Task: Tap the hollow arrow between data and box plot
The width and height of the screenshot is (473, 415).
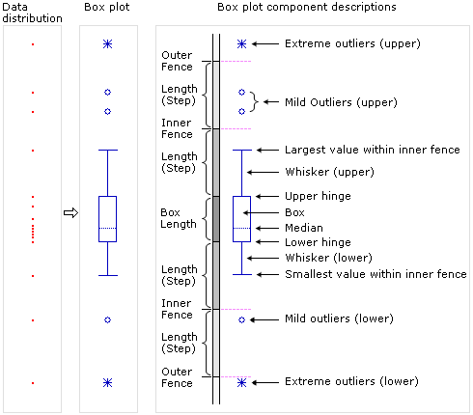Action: pos(70,213)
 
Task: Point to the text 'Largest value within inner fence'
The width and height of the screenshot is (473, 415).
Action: pos(372,150)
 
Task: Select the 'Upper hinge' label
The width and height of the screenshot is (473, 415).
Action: pos(317,196)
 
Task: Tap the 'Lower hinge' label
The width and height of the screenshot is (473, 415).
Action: pos(317,242)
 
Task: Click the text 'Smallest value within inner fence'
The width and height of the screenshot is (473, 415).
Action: pos(376,274)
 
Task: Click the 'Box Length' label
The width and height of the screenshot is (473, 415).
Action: pos(179,218)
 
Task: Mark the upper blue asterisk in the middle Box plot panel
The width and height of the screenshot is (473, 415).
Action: pos(107,44)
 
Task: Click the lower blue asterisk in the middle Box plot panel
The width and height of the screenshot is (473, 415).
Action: pos(107,382)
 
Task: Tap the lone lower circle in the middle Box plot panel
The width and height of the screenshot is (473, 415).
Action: pos(107,318)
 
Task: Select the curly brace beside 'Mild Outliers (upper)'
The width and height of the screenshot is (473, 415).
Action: pos(254,101)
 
